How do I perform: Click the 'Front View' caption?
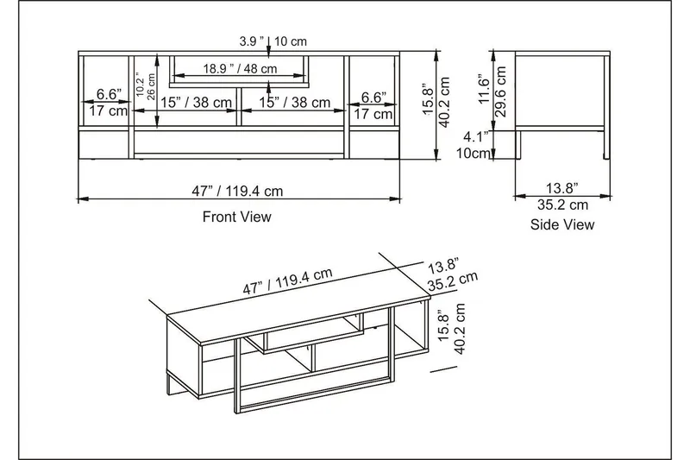click(236, 217)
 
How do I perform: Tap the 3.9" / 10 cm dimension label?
click(273, 41)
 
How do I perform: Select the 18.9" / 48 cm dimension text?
click(240, 69)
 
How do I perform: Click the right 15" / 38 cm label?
click(295, 103)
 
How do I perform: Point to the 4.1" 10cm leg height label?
click(477, 144)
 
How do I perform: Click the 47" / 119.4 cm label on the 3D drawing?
click(288, 282)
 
